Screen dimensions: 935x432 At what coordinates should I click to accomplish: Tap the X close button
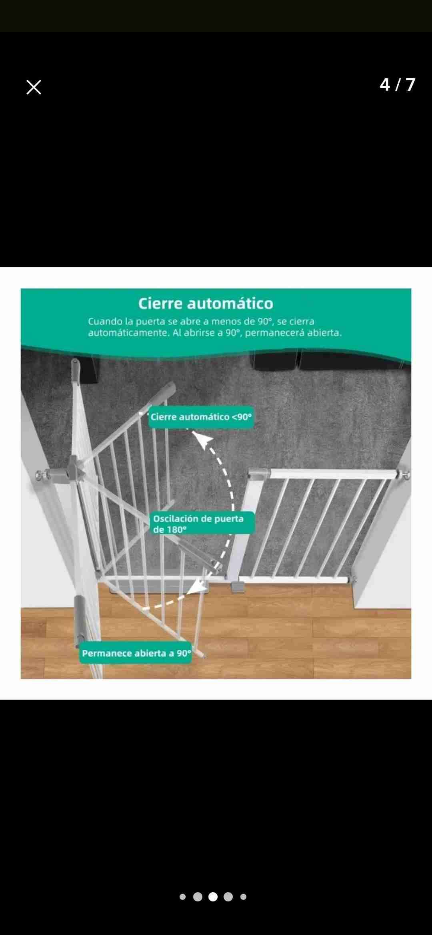[x=34, y=87]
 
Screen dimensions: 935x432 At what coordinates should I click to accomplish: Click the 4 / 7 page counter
[x=397, y=85]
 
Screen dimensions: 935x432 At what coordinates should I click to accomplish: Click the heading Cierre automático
[x=206, y=304]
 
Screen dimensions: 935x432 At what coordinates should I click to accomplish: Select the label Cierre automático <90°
[x=201, y=417]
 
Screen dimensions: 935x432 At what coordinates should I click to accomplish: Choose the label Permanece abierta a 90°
[x=136, y=653]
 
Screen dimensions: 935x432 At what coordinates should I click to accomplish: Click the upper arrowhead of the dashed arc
[x=204, y=440]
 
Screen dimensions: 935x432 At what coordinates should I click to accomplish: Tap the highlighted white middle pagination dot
[x=213, y=897]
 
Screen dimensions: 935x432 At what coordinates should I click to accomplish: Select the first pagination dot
[x=182, y=897]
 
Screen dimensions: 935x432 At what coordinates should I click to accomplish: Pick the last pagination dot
[x=243, y=897]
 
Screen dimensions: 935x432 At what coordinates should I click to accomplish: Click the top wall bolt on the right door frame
[x=405, y=475]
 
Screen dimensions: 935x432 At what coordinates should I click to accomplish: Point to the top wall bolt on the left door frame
[x=40, y=475]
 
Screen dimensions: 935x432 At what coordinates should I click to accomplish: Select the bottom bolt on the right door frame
[x=352, y=579]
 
